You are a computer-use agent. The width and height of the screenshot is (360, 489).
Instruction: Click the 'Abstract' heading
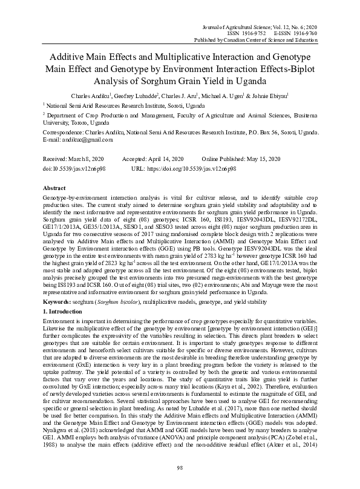click(55, 188)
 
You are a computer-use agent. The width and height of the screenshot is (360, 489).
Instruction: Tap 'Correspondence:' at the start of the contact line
click(66, 132)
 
